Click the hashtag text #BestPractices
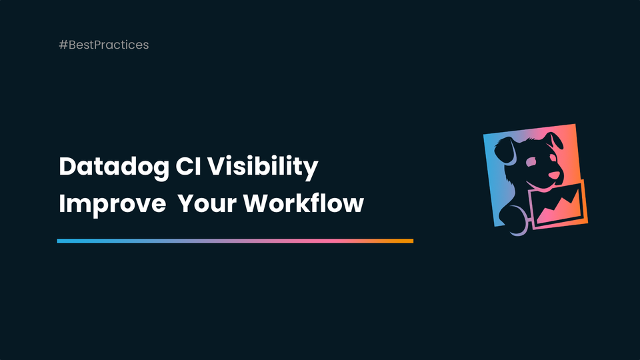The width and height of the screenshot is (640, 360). click(x=103, y=45)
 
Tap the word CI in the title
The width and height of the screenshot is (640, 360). click(x=189, y=167)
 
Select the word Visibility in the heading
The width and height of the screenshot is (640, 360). click(x=263, y=167)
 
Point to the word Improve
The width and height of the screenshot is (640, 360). click(x=111, y=203)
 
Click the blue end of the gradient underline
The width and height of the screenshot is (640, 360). click(x=61, y=241)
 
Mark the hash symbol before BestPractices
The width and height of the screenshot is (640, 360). click(x=63, y=45)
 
